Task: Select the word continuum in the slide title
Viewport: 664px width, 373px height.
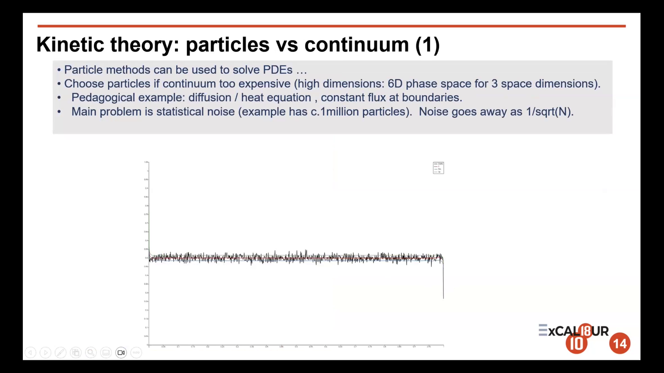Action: click(357, 45)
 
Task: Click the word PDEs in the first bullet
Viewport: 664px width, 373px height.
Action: click(278, 70)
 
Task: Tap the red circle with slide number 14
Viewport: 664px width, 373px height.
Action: click(620, 343)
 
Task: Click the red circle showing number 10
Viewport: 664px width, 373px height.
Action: click(577, 344)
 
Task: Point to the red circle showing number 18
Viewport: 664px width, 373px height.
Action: click(586, 331)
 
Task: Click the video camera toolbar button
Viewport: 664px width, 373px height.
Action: click(121, 353)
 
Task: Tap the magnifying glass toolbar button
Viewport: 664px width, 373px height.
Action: click(91, 353)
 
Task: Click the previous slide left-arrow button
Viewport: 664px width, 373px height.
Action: click(30, 353)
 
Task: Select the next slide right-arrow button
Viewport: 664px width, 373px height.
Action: click(45, 353)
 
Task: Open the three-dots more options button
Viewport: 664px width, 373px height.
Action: click(136, 353)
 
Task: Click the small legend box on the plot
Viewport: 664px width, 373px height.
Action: click(438, 168)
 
